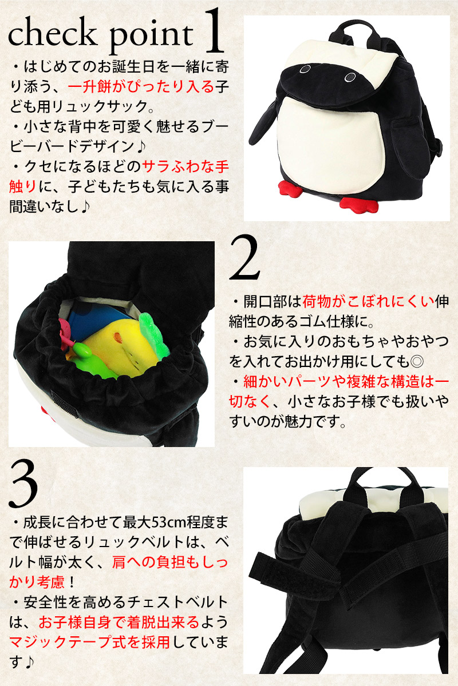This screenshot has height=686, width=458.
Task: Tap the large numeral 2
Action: coord(244,257)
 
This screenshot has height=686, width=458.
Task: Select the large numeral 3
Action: coord(23,485)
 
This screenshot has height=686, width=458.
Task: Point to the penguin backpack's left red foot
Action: coord(290,188)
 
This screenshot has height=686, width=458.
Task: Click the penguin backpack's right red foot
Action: coord(358,205)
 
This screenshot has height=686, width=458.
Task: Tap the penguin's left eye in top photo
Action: coord(305,69)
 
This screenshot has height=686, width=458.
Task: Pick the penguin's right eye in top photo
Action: coord(350,78)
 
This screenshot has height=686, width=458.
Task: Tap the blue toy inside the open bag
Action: coord(92,320)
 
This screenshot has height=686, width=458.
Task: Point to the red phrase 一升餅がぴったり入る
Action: coord(141,87)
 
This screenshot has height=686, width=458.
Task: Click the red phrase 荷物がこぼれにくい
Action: coord(369,302)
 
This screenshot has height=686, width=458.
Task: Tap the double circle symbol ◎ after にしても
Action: coord(417,362)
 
